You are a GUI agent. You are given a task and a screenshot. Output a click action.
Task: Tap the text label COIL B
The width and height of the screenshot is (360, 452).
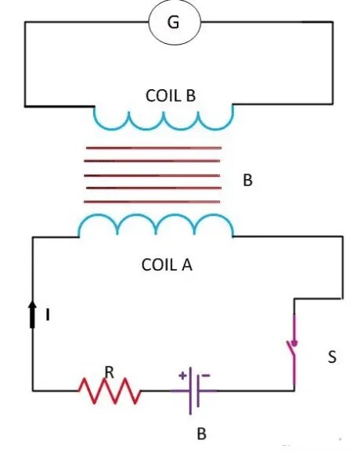click(x=170, y=95)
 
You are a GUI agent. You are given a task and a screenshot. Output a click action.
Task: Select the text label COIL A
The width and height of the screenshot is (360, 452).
click(x=166, y=264)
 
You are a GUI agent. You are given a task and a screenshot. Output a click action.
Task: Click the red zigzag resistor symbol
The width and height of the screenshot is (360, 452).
click(x=110, y=389)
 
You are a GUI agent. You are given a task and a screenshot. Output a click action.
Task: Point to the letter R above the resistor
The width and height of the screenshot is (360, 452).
click(x=110, y=374)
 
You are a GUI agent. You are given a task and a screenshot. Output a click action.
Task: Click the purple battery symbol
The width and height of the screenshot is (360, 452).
click(x=196, y=389)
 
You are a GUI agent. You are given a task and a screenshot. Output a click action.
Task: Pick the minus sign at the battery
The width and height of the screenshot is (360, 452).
click(x=206, y=375)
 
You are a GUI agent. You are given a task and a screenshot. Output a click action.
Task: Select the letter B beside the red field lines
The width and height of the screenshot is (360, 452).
click(x=247, y=180)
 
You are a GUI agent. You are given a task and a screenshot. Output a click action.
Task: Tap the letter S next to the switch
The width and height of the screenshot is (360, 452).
click(x=332, y=358)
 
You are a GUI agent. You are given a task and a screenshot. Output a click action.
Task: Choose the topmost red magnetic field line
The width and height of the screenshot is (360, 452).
click(x=153, y=148)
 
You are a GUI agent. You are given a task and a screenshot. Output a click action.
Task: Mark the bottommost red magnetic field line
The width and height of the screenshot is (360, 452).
click(x=153, y=202)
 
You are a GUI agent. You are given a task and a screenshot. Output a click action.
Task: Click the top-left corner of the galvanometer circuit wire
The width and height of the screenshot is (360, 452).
click(x=25, y=22)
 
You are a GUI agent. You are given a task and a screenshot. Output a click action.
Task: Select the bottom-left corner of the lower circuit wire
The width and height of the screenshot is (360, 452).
click(x=33, y=389)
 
